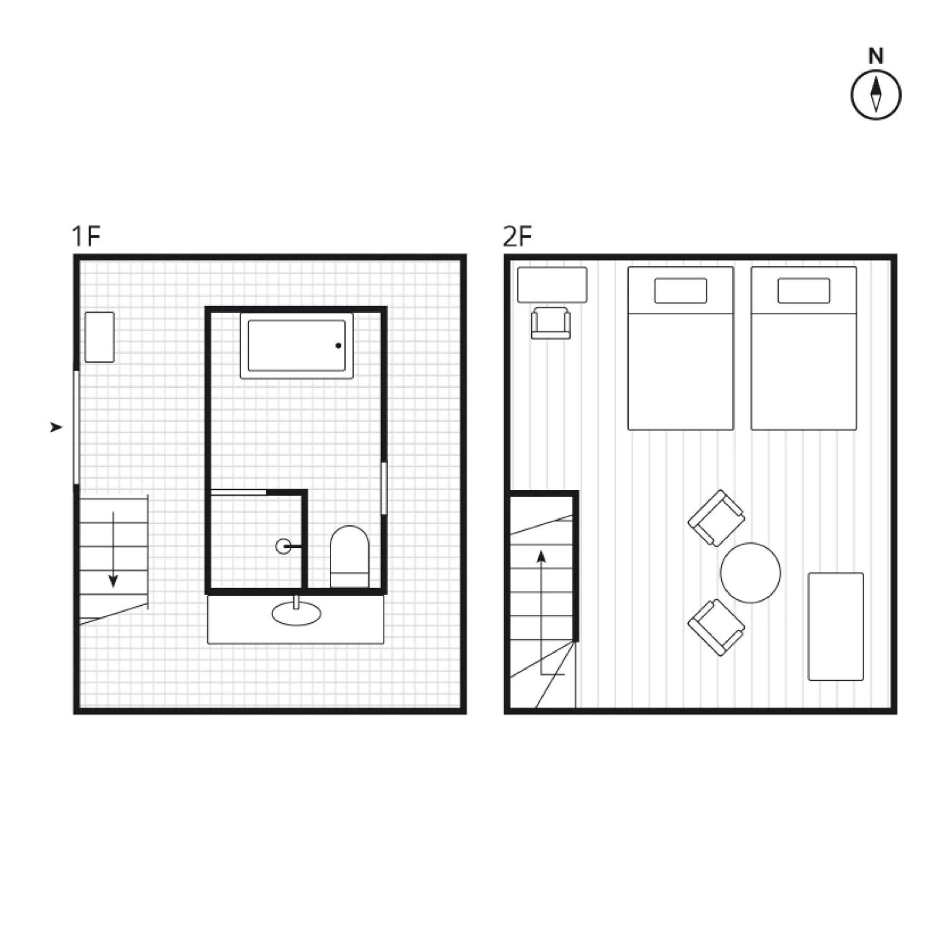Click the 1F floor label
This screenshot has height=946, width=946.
coord(86,236)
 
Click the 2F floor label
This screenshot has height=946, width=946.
coord(517,236)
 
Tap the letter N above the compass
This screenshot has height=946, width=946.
coord(876,56)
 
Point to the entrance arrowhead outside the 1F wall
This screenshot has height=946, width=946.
coord(56,428)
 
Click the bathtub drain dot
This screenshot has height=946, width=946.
coord(338,346)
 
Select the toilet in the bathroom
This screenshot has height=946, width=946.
coord(349,557)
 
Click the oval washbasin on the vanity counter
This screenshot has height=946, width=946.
coord(296,614)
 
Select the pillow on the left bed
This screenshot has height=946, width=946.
coord(681,291)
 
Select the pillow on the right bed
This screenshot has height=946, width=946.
coord(804,291)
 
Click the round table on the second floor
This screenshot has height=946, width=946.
coord(751,573)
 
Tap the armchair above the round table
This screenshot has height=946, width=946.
coord(716,518)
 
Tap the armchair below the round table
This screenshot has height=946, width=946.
coord(716,628)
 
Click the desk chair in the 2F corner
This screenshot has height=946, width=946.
coord(551,323)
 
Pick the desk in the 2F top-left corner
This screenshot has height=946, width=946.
coord(552,285)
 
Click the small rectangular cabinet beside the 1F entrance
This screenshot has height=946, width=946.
coord(99,337)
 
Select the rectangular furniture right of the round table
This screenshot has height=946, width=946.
coord(836,627)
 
